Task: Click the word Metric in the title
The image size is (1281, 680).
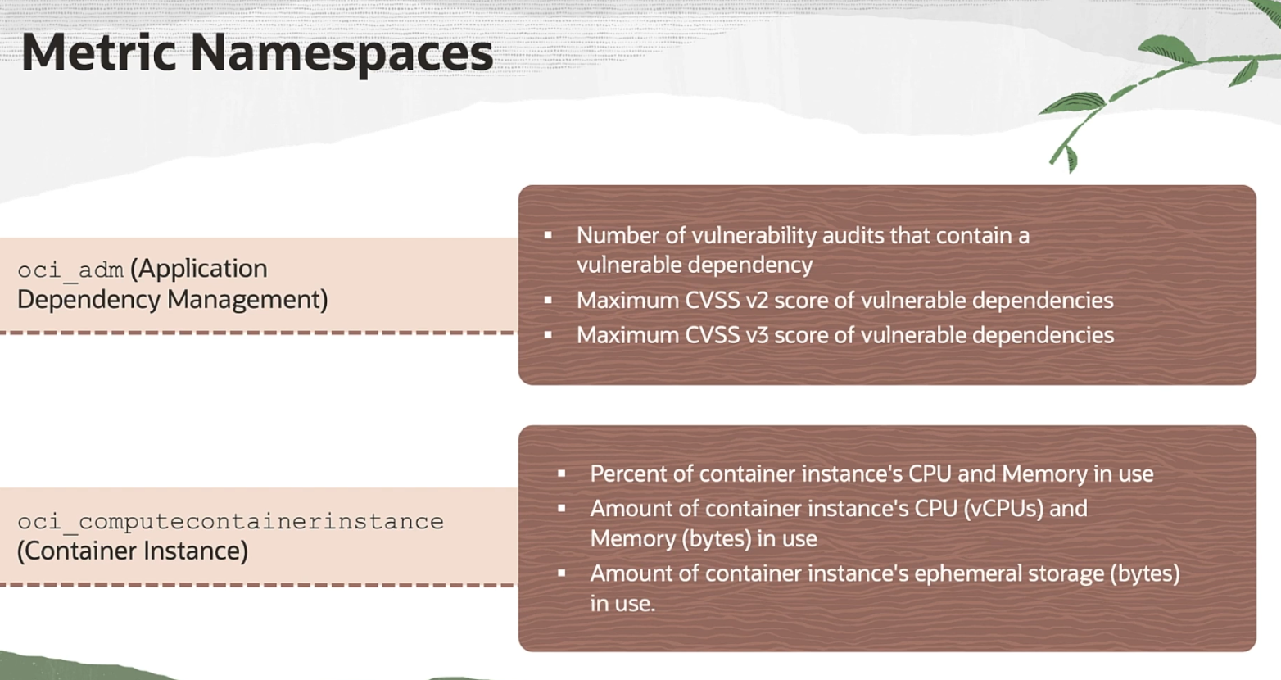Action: [98, 52]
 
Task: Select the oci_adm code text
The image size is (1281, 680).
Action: [70, 270]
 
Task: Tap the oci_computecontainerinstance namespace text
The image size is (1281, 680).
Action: [230, 522]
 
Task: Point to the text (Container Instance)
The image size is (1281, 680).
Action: [133, 551]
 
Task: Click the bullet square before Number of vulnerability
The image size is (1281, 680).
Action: [548, 235]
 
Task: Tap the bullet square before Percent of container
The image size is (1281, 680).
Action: [562, 474]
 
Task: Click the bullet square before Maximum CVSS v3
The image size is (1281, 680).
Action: [548, 334]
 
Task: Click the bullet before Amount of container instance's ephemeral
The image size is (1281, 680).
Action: [562, 573]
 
